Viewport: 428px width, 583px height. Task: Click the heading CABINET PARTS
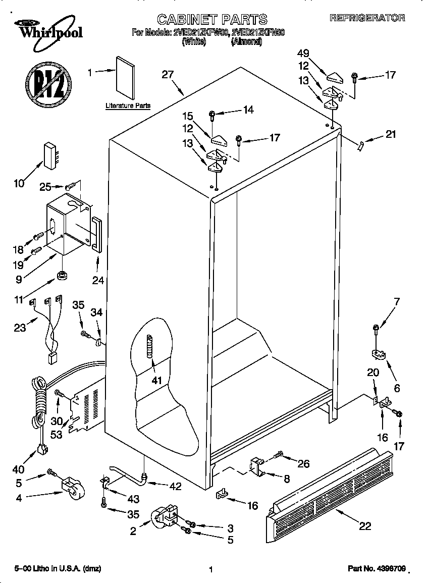coord(212,19)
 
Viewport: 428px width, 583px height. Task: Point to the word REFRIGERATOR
coord(367,18)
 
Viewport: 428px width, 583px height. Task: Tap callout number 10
coord(19,183)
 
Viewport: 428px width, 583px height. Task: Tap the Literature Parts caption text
coord(128,106)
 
